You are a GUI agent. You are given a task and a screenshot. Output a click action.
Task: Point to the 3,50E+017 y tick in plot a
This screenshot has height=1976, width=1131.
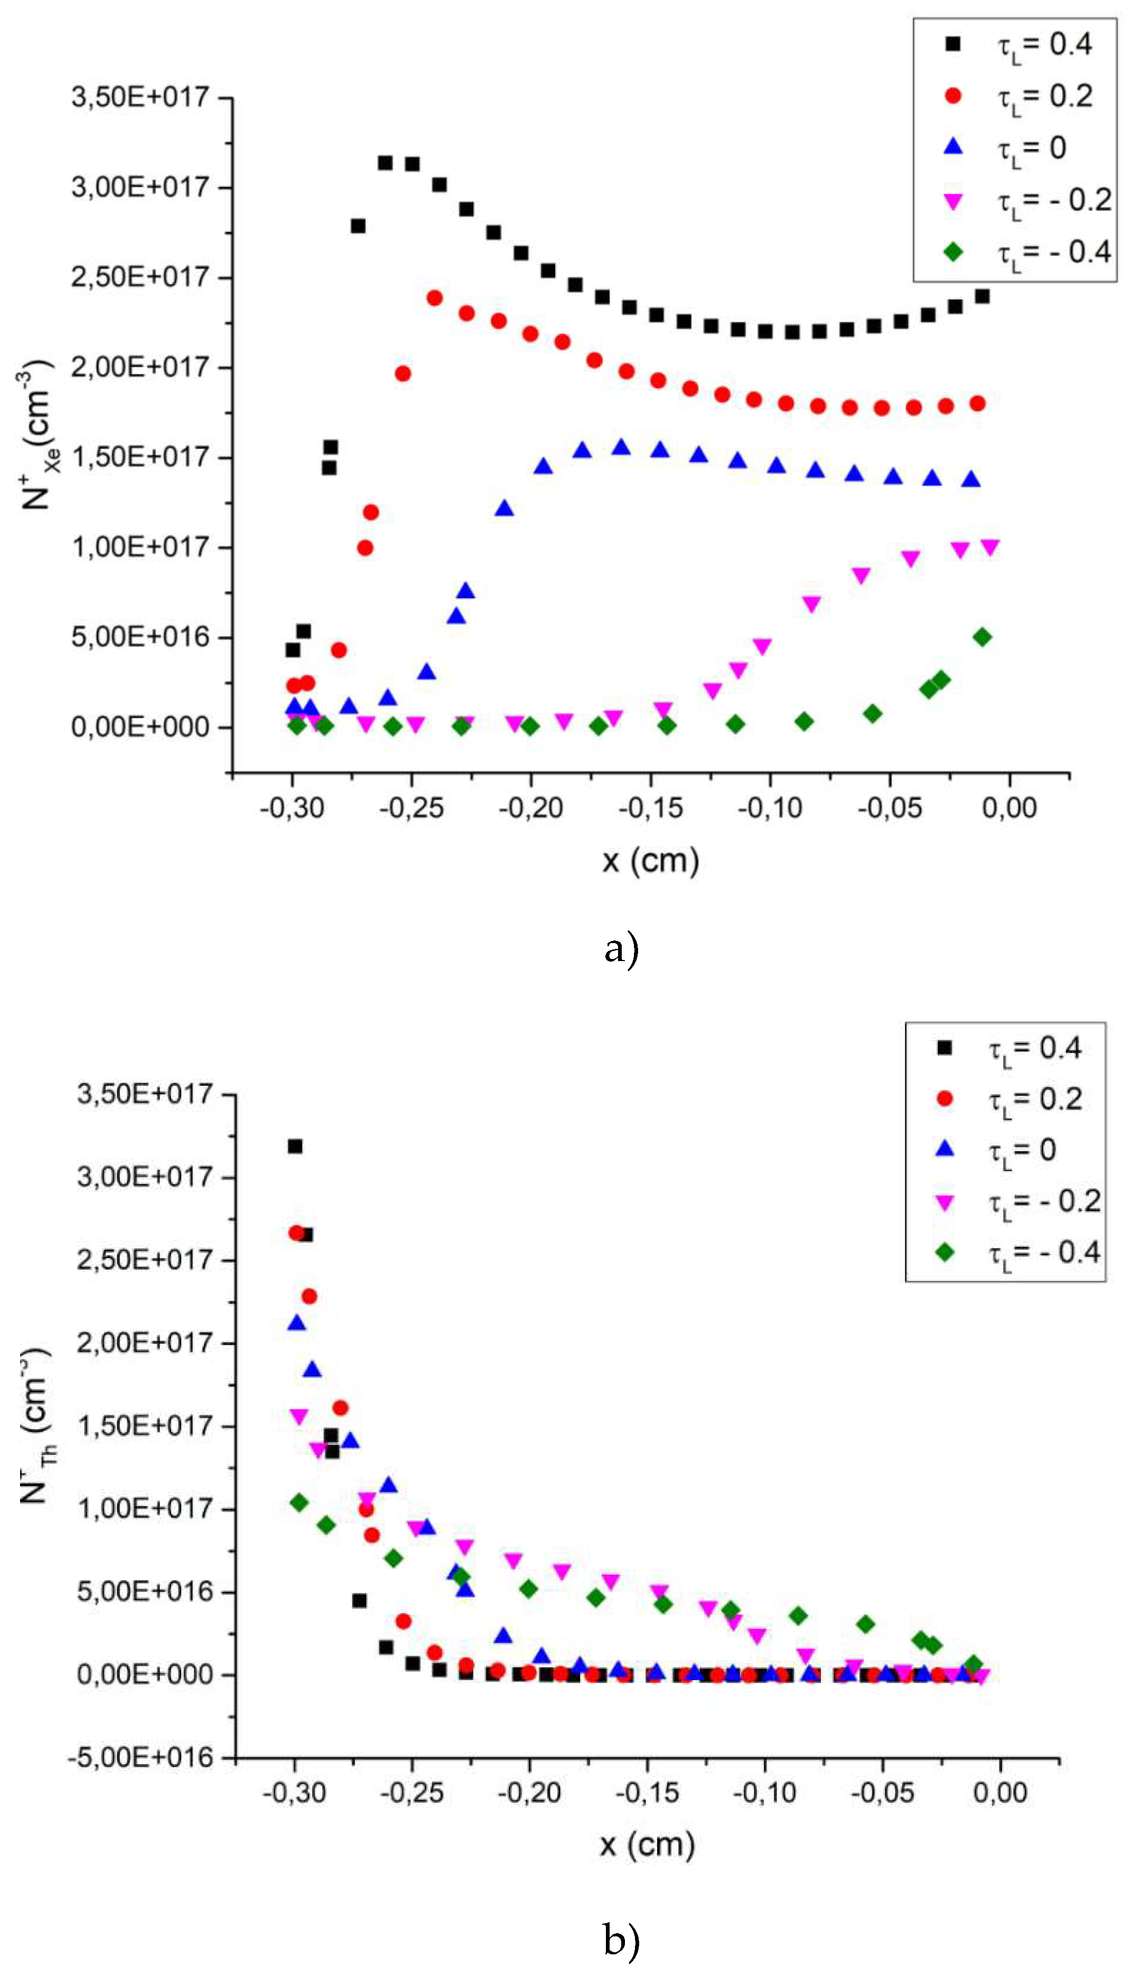coord(141,98)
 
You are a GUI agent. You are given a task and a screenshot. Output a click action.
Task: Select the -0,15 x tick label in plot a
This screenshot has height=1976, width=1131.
coord(650,808)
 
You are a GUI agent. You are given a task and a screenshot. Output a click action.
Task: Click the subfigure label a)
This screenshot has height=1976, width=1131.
coord(621,948)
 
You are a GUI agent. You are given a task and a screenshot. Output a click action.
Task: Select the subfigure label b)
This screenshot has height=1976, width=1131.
coord(621,1940)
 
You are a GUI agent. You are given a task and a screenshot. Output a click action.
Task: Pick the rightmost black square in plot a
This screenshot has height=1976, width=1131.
coord(982,296)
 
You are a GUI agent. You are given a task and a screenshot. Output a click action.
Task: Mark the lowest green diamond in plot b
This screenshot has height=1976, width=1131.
coord(973,1664)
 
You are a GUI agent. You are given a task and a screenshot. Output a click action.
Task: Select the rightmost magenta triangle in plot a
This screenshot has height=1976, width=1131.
coord(989,547)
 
